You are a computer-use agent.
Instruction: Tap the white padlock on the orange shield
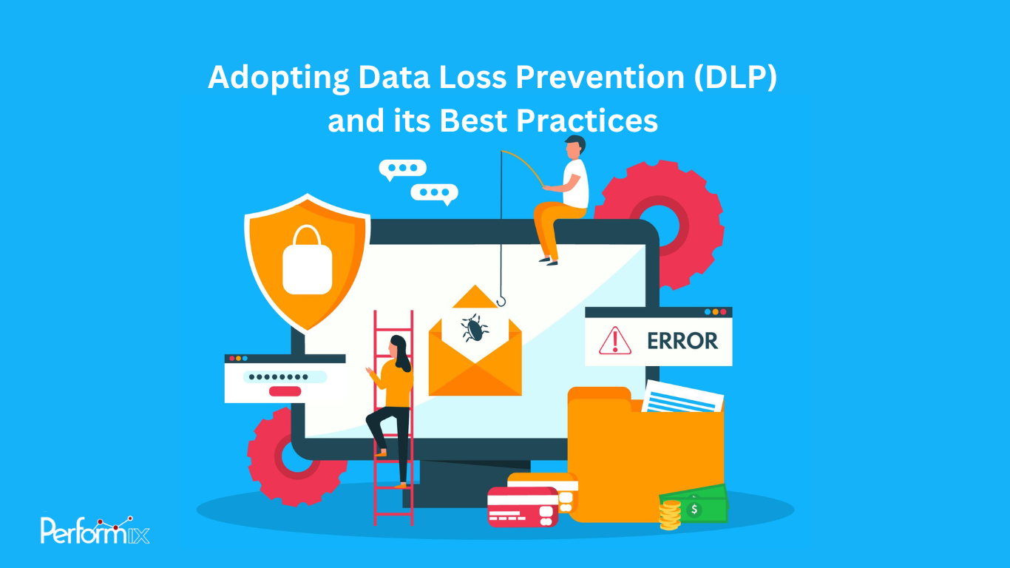308,263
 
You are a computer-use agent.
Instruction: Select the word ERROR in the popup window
682,341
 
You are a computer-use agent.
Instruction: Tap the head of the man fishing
575,146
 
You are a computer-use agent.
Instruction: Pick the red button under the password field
285,391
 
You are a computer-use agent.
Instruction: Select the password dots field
285,376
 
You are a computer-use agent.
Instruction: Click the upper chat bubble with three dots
402,169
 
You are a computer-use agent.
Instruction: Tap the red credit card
522,507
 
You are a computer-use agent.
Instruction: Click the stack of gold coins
670,515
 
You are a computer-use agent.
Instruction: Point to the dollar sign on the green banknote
694,509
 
